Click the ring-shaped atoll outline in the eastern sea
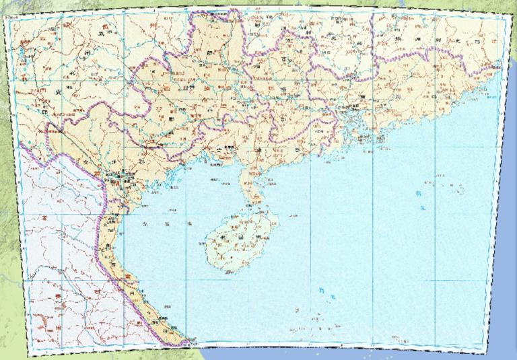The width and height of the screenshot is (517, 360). point(461,190)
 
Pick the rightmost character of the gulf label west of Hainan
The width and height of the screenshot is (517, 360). point(189,223)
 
